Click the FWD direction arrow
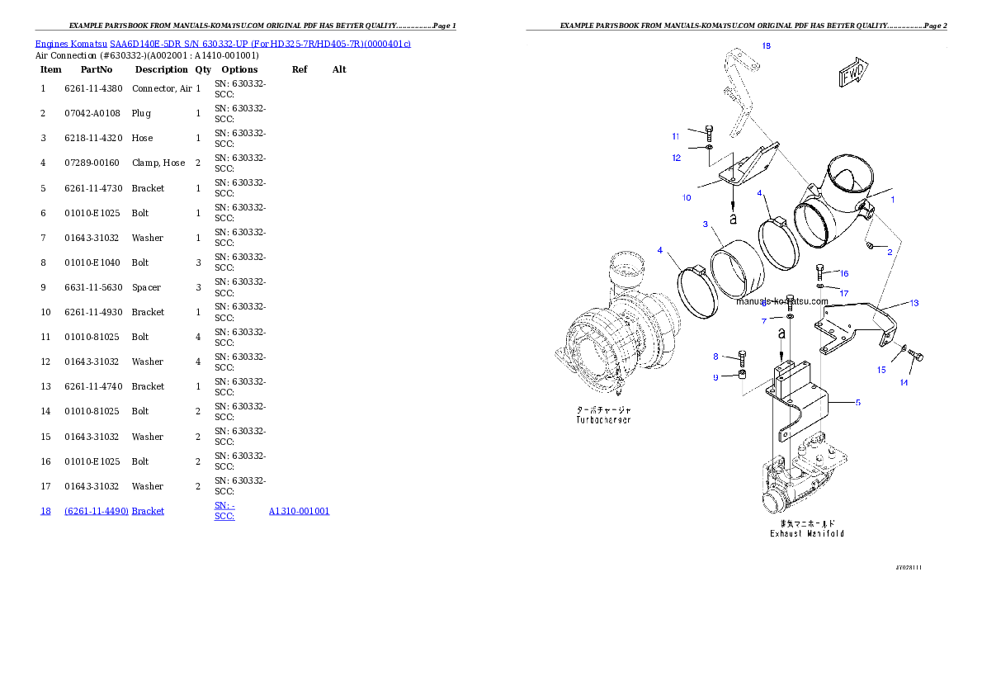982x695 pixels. tap(853, 73)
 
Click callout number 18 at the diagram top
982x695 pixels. tap(766, 46)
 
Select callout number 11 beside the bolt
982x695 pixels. tap(675, 136)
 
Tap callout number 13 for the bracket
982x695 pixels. tap(914, 303)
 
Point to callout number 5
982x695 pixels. tap(857, 403)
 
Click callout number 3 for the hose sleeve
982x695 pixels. tap(706, 225)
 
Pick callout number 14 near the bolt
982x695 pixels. tap(904, 382)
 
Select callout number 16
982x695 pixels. tap(843, 273)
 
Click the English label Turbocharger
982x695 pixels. tap(602, 420)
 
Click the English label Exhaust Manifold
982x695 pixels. tap(806, 534)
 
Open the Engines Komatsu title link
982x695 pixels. tap(223, 43)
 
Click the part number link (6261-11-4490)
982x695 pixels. tap(97, 511)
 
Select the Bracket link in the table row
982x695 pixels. tap(148, 511)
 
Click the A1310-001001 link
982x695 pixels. tap(299, 511)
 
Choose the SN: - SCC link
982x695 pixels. tap(224, 510)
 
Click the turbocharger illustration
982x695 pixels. tap(611, 330)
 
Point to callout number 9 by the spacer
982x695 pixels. tap(716, 377)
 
